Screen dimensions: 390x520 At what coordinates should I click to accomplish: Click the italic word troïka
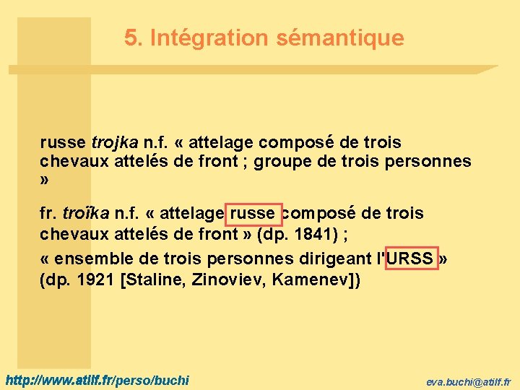(x=86, y=214)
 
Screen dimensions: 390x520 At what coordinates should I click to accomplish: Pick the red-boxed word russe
(x=253, y=214)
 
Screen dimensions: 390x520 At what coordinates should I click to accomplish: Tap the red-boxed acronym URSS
(x=411, y=259)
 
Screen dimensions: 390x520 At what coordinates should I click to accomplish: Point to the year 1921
(x=95, y=279)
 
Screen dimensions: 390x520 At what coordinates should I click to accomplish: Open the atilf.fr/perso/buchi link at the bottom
(x=97, y=379)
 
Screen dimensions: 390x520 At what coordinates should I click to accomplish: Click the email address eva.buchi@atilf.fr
(x=468, y=381)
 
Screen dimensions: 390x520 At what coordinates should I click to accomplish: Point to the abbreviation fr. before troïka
(x=49, y=214)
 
